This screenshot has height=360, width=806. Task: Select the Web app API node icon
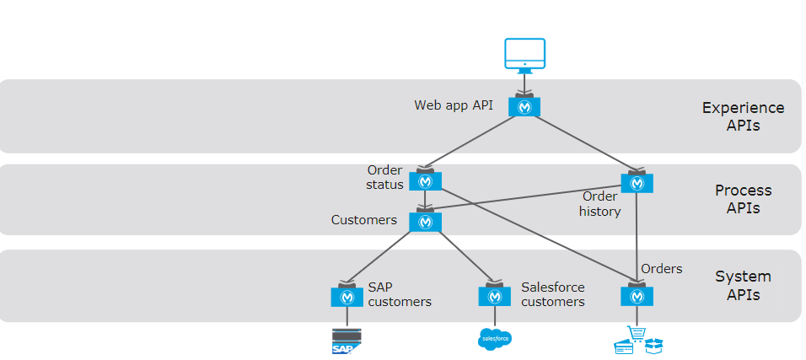pyautogui.click(x=524, y=107)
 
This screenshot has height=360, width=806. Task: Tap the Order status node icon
pyautogui.click(x=425, y=181)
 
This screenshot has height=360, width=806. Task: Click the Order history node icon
pyautogui.click(x=637, y=183)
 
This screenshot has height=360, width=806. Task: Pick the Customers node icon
pyautogui.click(x=425, y=222)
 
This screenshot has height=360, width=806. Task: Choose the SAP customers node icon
pyautogui.click(x=347, y=296)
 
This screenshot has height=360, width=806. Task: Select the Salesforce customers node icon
pyautogui.click(x=494, y=296)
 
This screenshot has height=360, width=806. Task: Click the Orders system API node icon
pyautogui.click(x=637, y=296)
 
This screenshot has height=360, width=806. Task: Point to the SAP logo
pyautogui.click(x=347, y=341)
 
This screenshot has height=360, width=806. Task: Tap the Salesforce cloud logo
pyautogui.click(x=494, y=339)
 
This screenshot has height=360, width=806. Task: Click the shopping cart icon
pyautogui.click(x=636, y=338)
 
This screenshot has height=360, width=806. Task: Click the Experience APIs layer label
pyautogui.click(x=743, y=117)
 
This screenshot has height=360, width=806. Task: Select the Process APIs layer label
pyautogui.click(x=743, y=200)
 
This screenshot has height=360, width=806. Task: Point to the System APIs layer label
pyautogui.click(x=743, y=286)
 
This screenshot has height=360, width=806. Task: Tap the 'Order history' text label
pyautogui.click(x=600, y=204)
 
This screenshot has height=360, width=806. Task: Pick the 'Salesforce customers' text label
pyautogui.click(x=552, y=294)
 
